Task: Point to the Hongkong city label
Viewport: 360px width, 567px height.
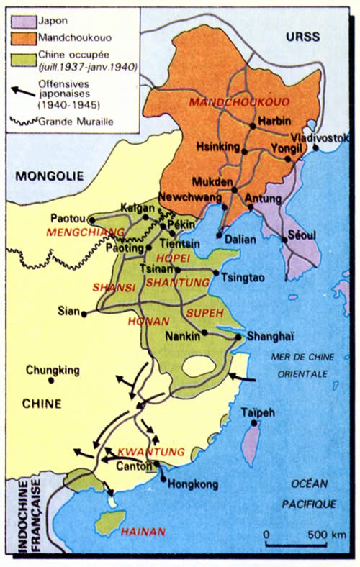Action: pos(192,484)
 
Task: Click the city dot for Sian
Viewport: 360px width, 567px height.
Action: pos(85,314)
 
